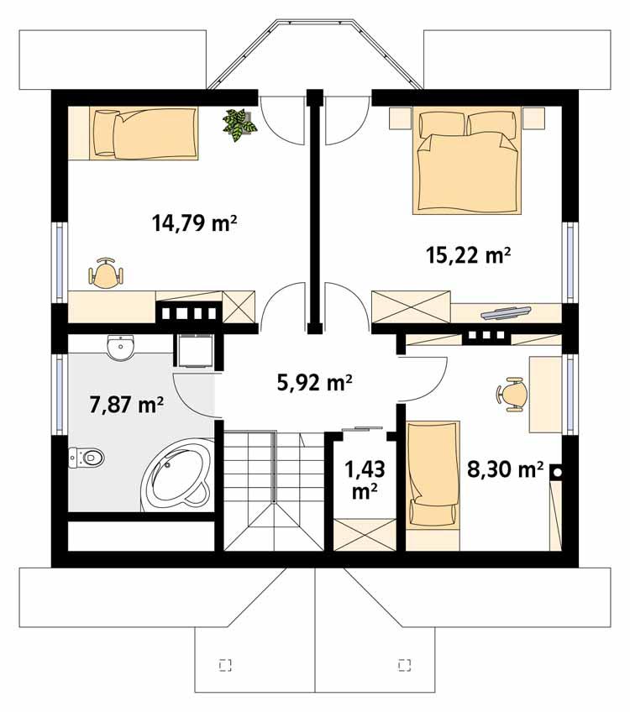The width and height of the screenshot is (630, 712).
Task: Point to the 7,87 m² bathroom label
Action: [126, 405]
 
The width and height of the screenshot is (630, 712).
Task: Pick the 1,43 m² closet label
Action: [363, 479]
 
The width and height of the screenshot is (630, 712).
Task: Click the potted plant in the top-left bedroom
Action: [240, 124]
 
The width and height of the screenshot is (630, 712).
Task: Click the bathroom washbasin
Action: [122, 346]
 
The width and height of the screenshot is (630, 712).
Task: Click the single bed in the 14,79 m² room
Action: [144, 133]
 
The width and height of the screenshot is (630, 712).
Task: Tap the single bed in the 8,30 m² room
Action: [433, 476]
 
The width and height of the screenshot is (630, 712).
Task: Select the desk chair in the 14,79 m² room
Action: [106, 274]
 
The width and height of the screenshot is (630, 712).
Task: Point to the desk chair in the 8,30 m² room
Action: [512, 394]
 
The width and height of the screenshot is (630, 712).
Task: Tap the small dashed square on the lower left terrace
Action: [224, 665]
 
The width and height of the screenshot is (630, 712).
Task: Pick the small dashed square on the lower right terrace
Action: [404, 665]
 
